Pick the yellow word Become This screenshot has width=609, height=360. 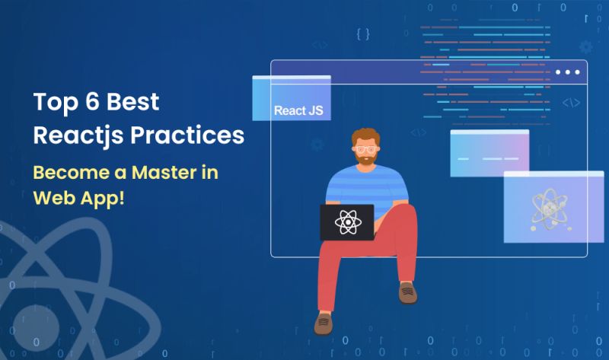click(x=73, y=172)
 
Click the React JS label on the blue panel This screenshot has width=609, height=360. click(x=298, y=111)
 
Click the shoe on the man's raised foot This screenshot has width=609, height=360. click(x=408, y=292)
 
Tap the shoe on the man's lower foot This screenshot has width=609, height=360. click(x=324, y=323)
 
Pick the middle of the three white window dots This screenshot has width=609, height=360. click(x=567, y=72)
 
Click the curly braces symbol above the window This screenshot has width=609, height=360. click(x=363, y=33)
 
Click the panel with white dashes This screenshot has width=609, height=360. click(x=489, y=153)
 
